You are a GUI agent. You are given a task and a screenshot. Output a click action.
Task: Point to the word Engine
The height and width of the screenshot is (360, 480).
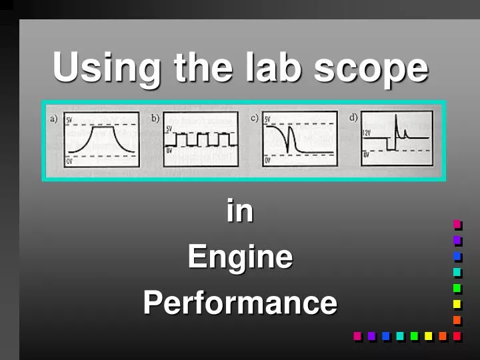pyautogui.click(x=240, y=257)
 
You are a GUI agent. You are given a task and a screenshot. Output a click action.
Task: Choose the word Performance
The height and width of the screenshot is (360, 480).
pyautogui.click(x=240, y=303)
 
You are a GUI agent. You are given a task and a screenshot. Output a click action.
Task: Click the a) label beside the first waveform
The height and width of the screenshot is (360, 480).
pyautogui.click(x=54, y=119)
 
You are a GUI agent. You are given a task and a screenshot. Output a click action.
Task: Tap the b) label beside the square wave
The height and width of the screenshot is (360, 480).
pyautogui.click(x=155, y=119)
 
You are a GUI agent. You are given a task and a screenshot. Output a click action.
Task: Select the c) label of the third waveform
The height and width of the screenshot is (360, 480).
pyautogui.click(x=255, y=119)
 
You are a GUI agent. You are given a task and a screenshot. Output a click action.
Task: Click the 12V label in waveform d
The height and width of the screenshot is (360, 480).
pyautogui.click(x=367, y=133)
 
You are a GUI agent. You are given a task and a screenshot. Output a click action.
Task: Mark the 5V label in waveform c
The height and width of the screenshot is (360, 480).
pyautogui.click(x=268, y=120)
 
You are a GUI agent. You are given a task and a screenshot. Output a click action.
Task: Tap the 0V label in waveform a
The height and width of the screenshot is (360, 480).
pyautogui.click(x=69, y=161)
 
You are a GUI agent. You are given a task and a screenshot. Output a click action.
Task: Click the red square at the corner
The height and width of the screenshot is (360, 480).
pyautogui.click(x=457, y=336)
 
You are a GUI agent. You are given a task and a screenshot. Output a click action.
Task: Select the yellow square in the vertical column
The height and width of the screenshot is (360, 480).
pyautogui.click(x=457, y=304)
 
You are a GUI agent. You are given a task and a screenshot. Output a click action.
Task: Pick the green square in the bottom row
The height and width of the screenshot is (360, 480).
pyautogui.click(x=414, y=336)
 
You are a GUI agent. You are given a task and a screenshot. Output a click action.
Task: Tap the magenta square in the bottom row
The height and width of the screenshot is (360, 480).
pyautogui.click(x=357, y=336)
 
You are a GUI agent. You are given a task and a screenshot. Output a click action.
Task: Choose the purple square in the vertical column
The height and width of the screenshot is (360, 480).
pyautogui.click(x=457, y=240)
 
